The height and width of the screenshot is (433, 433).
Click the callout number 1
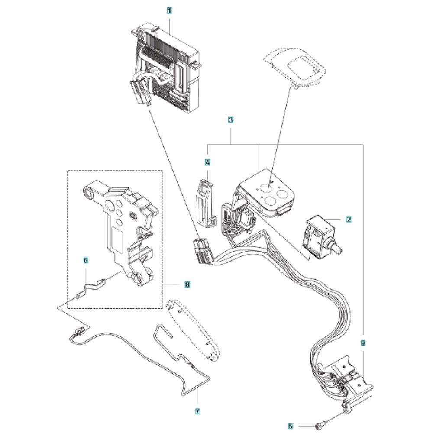pyautogui.click(x=169, y=11)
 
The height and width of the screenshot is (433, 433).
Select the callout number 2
pyautogui.click(x=349, y=220)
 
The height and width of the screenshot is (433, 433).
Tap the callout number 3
pyautogui.click(x=231, y=120)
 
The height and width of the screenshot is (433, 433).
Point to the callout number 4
pyautogui.click(x=207, y=162)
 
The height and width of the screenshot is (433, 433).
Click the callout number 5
pyautogui.click(x=290, y=426)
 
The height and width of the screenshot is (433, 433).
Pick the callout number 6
pyautogui.click(x=86, y=260)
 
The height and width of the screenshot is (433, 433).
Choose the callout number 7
pyautogui.click(x=197, y=411)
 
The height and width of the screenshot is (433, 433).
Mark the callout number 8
pyautogui.click(x=187, y=284)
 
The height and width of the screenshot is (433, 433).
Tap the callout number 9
pyautogui.click(x=363, y=343)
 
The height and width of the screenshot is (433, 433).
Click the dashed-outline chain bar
pyautogui.click(x=193, y=330)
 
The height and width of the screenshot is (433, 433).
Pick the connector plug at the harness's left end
pyautogui.click(x=202, y=251)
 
